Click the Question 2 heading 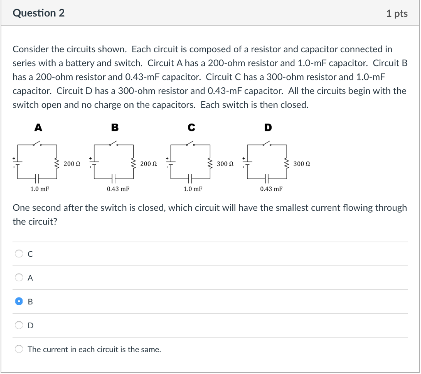(x=39, y=13)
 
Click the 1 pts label (x=397, y=14)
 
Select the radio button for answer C (x=19, y=254)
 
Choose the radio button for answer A (x=19, y=278)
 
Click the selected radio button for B (x=19, y=302)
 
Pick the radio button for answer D (x=19, y=325)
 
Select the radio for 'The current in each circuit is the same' (x=19, y=349)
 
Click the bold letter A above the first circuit (x=38, y=128)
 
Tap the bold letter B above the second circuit (x=115, y=128)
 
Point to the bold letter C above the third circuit (x=192, y=128)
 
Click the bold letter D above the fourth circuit (x=268, y=128)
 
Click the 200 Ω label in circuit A (x=72, y=164)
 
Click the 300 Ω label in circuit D (x=302, y=164)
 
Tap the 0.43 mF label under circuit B (x=118, y=189)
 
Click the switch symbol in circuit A (x=37, y=143)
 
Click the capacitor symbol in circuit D (x=267, y=178)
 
